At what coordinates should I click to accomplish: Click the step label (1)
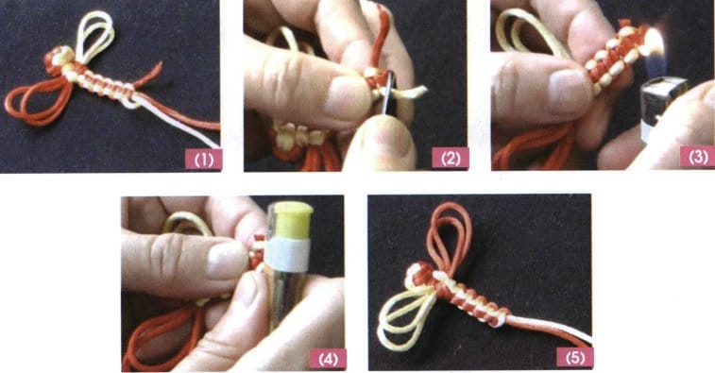(x=203, y=158)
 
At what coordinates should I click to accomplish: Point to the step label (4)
(x=328, y=358)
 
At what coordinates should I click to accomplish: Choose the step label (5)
(x=574, y=358)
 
